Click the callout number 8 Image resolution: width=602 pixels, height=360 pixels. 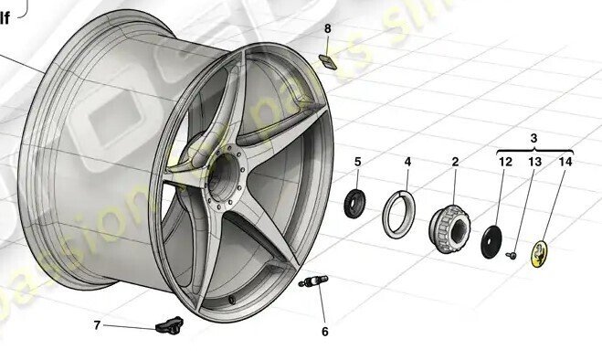(328, 29)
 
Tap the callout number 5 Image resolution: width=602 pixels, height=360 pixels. (357, 163)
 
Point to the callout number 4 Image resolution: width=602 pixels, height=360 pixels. (407, 163)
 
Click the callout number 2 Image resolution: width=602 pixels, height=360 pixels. (455, 163)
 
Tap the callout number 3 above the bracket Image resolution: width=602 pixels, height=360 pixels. (533, 137)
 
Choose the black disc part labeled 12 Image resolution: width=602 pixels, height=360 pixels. (493, 240)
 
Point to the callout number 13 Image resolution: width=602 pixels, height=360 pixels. (534, 163)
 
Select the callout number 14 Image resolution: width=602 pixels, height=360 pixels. (566, 163)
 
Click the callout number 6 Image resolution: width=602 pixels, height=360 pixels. (323, 332)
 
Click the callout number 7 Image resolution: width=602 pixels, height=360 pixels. (97, 324)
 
